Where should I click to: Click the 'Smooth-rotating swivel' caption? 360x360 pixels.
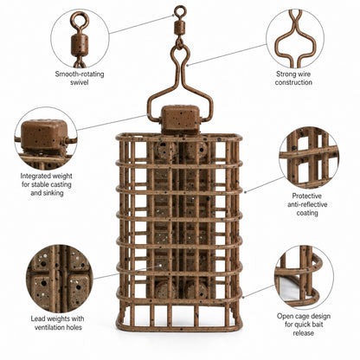point(80,78)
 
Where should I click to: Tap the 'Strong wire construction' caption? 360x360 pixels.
point(293,78)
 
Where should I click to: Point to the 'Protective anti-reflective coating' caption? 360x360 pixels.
point(307,204)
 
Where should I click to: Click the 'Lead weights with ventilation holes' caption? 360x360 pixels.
point(58,323)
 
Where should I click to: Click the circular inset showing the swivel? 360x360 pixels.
point(80,38)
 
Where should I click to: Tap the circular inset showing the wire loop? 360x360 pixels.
point(295,38)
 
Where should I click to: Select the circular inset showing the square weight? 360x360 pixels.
point(46,138)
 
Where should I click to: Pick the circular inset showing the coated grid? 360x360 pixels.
point(309,157)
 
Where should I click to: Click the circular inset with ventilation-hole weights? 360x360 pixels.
point(60,279)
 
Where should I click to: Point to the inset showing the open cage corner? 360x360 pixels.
point(304,277)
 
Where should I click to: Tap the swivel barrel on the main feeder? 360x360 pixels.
point(180,29)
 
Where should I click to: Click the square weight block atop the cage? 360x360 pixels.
point(180,119)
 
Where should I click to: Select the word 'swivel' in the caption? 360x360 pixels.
point(80,82)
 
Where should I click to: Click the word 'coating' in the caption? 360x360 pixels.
point(307,214)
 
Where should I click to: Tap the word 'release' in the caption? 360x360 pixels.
point(303,333)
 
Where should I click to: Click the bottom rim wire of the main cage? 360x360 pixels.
point(179,329)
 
